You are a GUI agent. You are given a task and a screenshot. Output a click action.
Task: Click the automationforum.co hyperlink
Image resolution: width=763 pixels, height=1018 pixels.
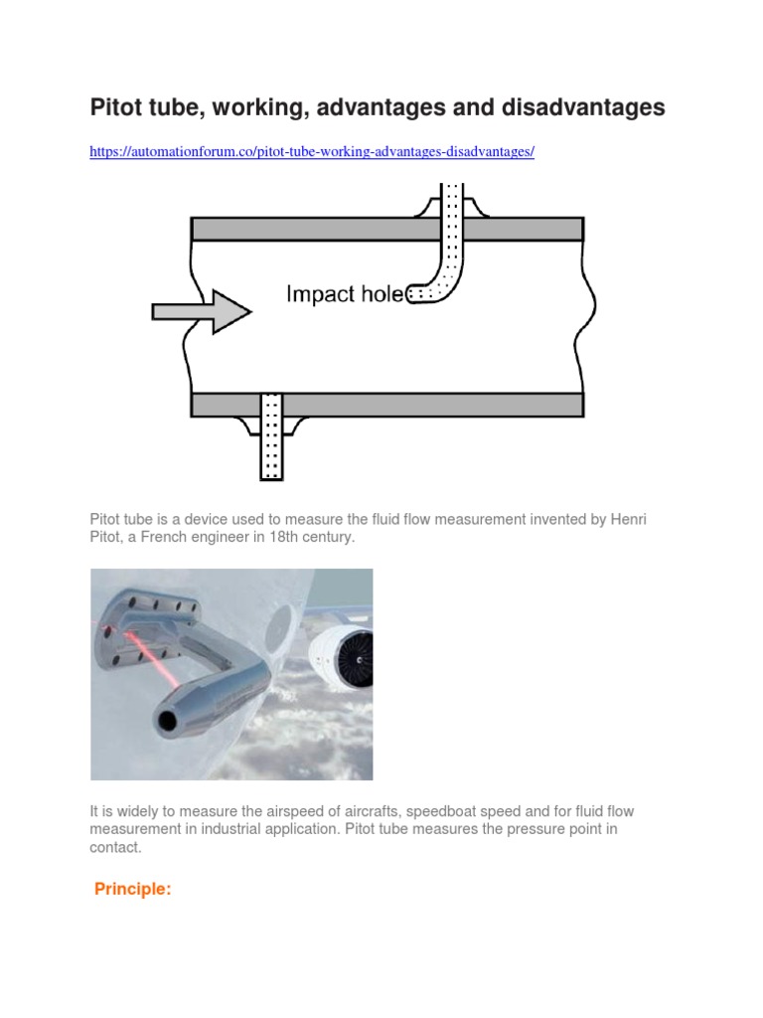pyautogui.click(x=312, y=152)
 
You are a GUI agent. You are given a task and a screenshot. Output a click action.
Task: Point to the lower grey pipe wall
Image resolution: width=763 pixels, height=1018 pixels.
pyautogui.click(x=417, y=404)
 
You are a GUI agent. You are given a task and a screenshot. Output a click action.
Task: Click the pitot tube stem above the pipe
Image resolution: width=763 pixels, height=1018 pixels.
pyautogui.click(x=452, y=199)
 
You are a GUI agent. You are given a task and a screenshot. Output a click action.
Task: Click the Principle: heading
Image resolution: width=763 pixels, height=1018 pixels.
pyautogui.click(x=133, y=890)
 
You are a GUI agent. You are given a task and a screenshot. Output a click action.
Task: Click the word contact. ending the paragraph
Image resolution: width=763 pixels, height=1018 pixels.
pyautogui.click(x=116, y=847)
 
